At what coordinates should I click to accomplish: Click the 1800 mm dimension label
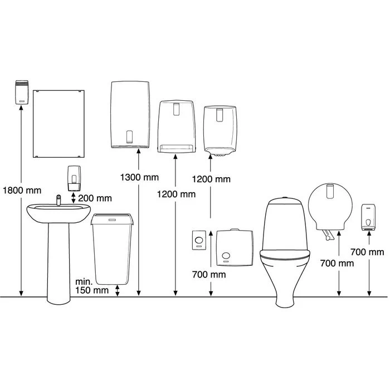pos(22,191)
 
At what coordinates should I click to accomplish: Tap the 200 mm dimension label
pos(95,198)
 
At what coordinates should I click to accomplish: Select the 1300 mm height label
pos(139,177)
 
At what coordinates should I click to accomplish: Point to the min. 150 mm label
pos(92,286)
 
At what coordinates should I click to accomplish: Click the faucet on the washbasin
pos(58,200)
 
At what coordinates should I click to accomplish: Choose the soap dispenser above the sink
pos(74,178)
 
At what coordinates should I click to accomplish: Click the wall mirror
pos(58,124)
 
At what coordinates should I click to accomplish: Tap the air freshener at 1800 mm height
pos(22,92)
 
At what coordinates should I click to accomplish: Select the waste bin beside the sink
pos(112,248)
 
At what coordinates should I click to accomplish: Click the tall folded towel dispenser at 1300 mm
pos(130,114)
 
